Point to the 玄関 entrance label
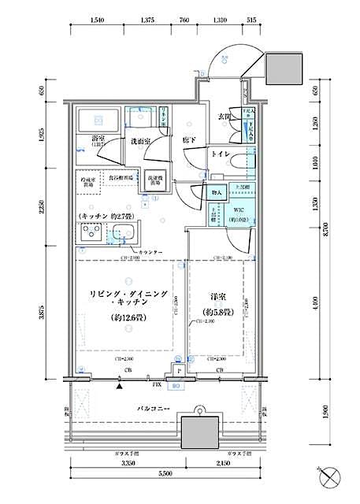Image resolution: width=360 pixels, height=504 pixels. tap(224, 117)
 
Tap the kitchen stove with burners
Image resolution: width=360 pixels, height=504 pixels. tap(89, 234)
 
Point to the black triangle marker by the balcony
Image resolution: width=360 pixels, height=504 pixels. tap(120, 386)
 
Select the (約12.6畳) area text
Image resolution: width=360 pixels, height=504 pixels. tap(129, 318)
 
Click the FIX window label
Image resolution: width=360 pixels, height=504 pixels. tap(157, 386)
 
